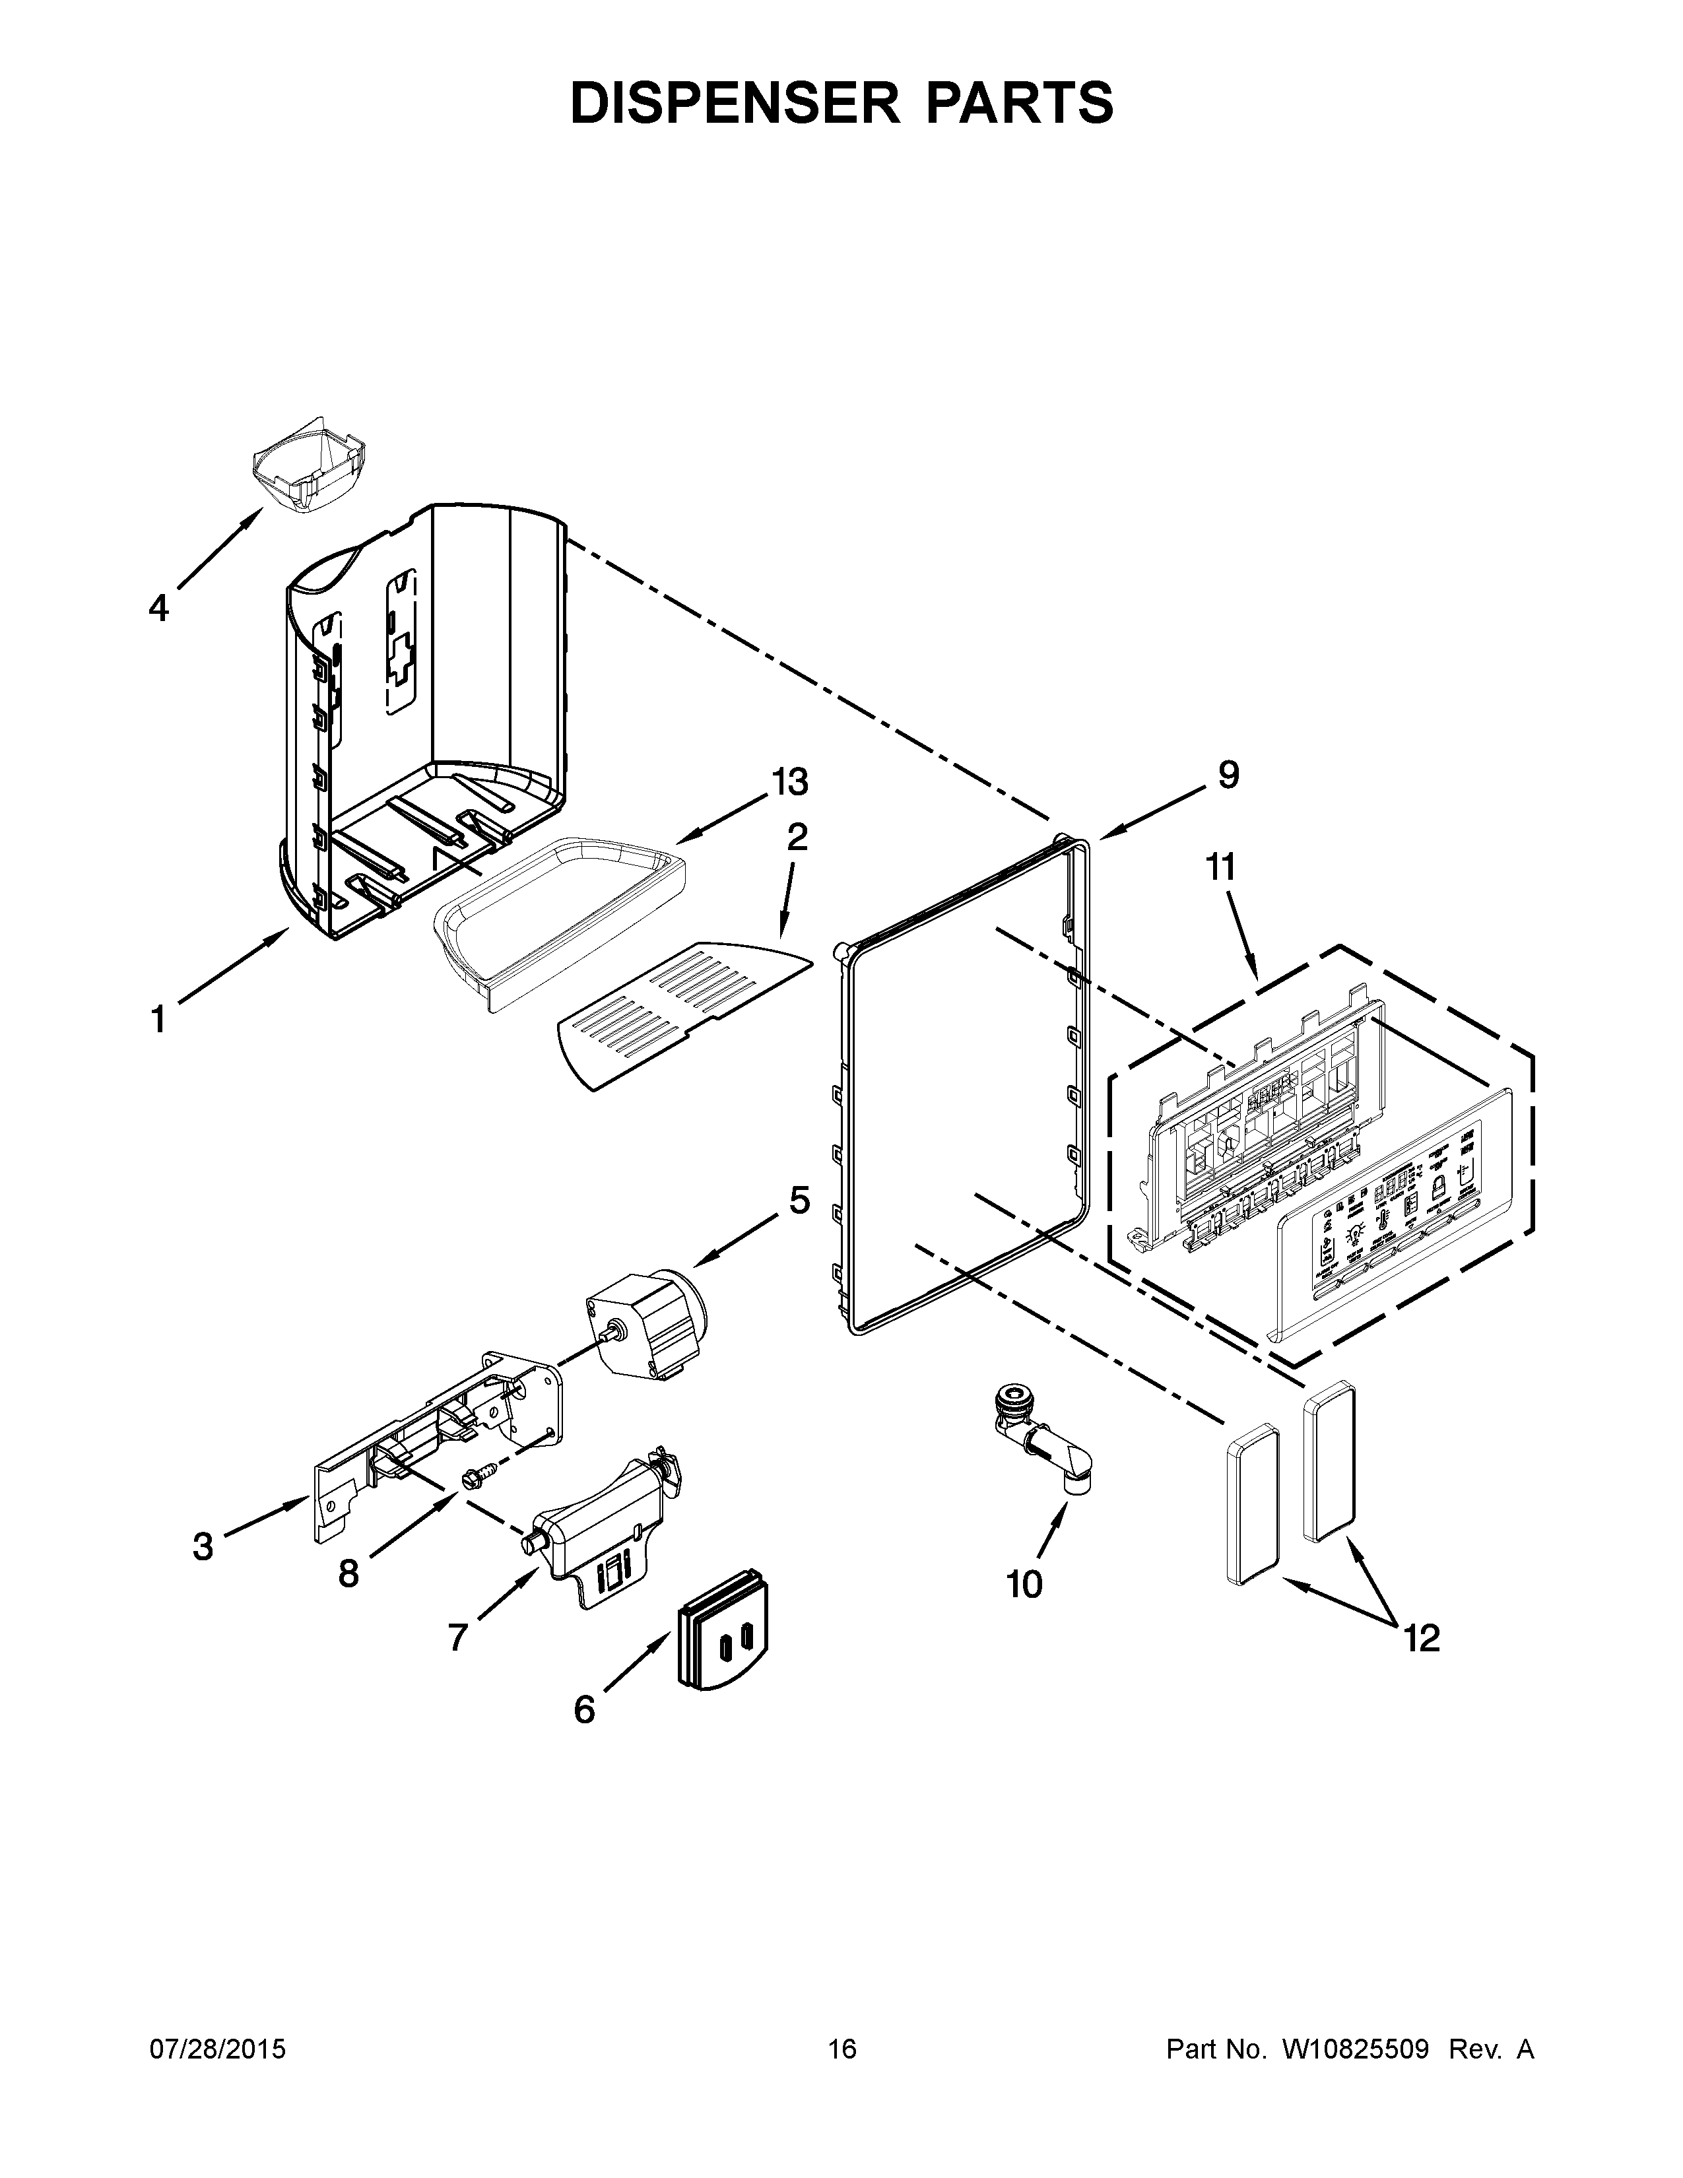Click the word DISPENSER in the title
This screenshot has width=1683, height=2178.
pos(725,103)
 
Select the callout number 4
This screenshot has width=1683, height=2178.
pos(158,607)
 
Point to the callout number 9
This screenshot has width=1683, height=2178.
pos(1228,775)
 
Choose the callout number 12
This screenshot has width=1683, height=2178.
pos(1422,1637)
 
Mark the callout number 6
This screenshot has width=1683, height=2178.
pos(584,1709)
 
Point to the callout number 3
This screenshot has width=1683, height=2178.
pos(203,1547)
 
